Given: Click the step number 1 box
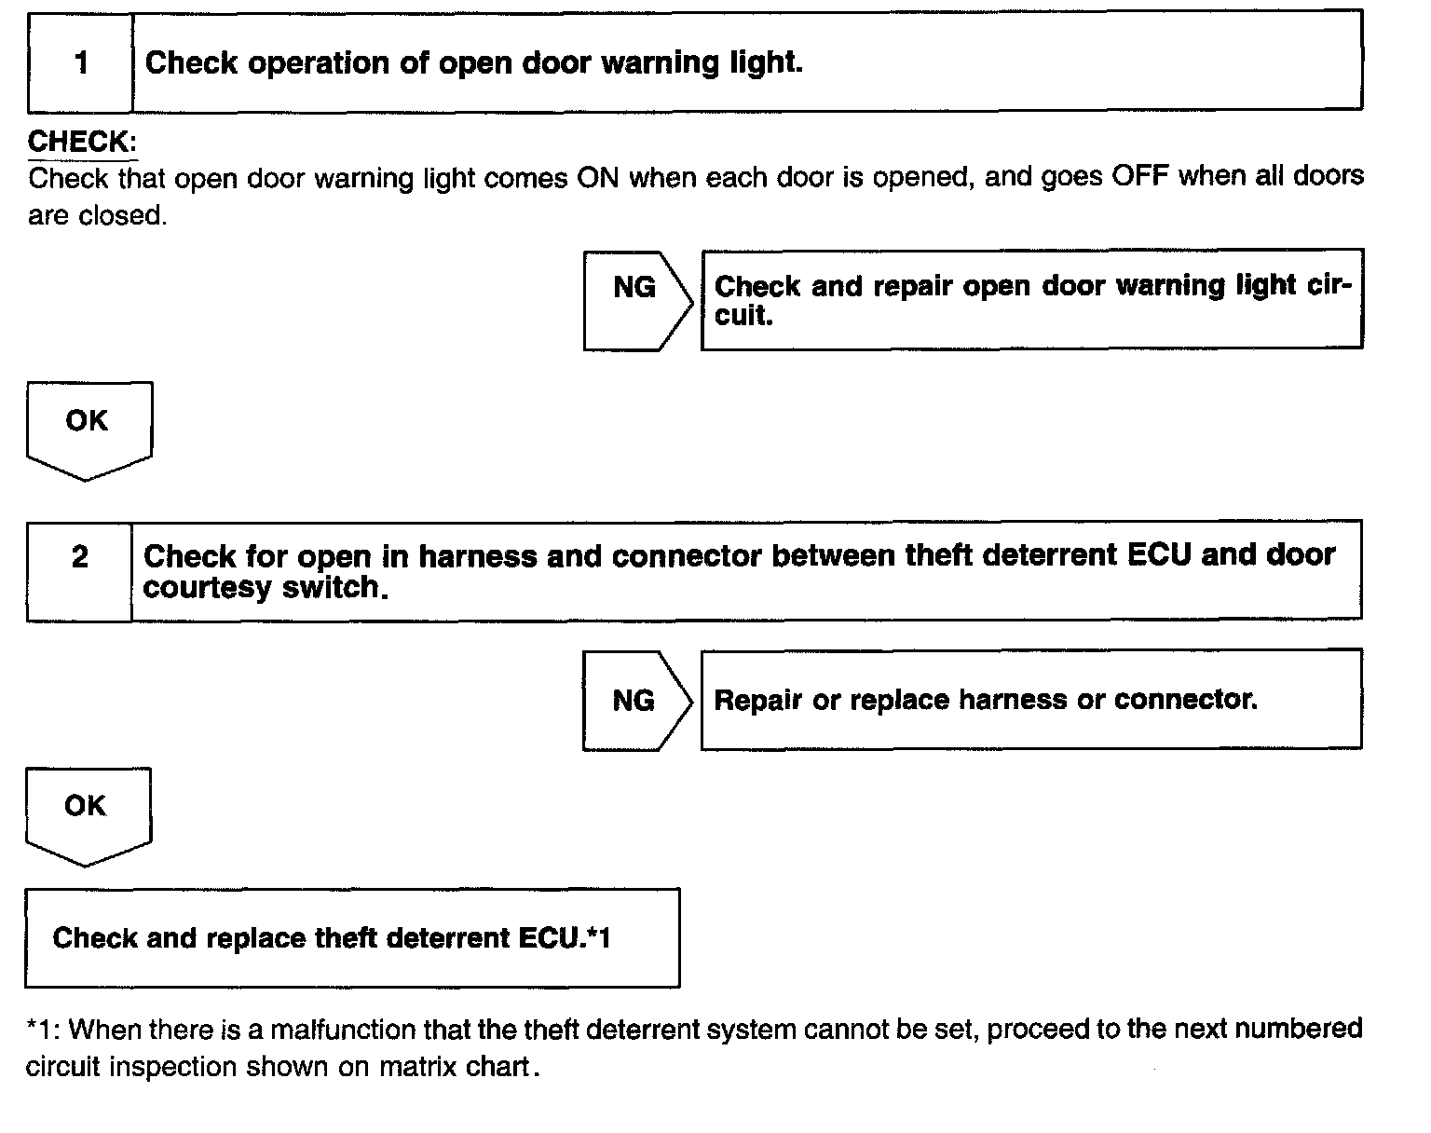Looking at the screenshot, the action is click(81, 63).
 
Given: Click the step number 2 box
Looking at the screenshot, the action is click(80, 557).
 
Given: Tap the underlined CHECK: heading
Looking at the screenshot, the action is click(82, 142).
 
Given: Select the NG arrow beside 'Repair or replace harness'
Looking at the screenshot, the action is click(635, 701).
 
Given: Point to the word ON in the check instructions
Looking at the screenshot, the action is click(598, 177).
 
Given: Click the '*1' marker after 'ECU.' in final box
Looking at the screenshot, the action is click(598, 937).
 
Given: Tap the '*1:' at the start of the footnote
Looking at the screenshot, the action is click(44, 1030).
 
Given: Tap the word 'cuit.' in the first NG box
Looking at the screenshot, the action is click(744, 317).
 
